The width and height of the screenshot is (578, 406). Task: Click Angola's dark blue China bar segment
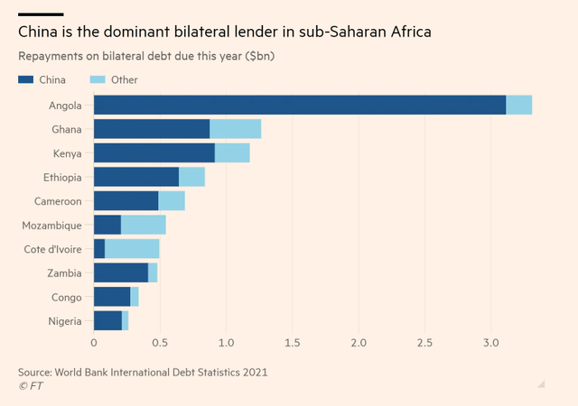coord(300,105)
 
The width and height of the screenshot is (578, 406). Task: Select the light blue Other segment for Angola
coord(519,105)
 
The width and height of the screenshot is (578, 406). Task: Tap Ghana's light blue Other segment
coord(236,129)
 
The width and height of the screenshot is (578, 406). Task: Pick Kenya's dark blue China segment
coord(154,152)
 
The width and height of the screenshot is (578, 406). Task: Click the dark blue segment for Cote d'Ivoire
coord(99,249)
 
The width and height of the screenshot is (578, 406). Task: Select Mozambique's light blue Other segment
coord(144,225)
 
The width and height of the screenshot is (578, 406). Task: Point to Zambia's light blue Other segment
coord(153,272)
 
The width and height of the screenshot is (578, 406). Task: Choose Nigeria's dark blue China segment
coord(108,320)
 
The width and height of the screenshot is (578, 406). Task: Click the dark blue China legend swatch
coord(26,79)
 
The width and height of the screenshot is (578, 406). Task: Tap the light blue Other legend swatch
coord(98,79)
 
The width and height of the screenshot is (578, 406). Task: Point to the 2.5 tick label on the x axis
coord(424,343)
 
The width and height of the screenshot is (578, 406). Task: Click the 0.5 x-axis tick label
coord(160,343)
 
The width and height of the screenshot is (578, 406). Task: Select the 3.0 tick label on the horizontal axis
coord(491,343)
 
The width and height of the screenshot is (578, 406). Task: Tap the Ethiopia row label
coord(62,178)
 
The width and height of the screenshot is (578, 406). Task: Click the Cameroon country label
coord(58,201)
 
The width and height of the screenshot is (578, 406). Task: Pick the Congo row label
coord(66,298)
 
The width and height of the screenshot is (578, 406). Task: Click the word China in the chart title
coord(38,32)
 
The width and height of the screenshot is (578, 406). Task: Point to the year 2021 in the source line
coord(255,372)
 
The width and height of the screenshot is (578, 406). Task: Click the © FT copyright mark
coord(31,386)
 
